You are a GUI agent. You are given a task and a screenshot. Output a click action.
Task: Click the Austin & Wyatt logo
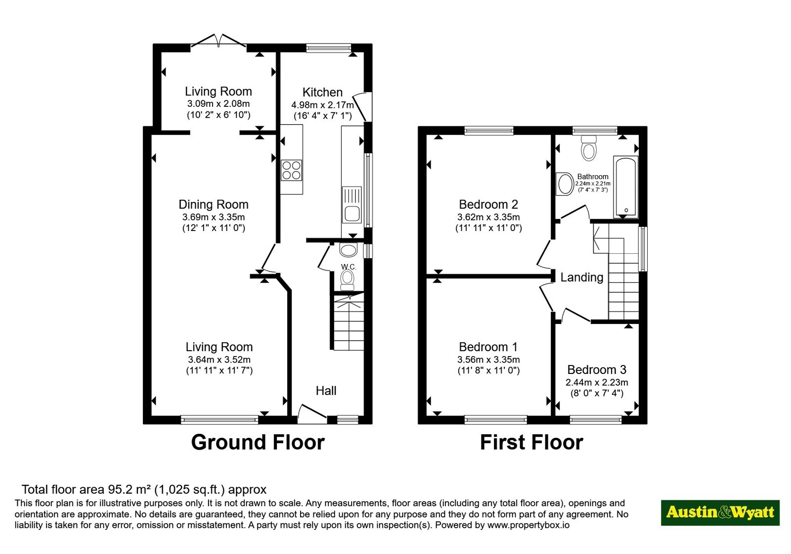(x=720, y=512)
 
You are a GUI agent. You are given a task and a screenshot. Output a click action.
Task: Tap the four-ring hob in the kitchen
(x=291, y=170)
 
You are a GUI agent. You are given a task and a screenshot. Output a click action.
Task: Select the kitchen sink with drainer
(x=352, y=205)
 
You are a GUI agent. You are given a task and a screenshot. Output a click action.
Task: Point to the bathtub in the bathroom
(x=626, y=187)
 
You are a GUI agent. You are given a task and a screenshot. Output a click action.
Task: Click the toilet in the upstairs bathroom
(x=589, y=148)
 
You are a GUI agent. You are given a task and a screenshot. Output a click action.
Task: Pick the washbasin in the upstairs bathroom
(x=565, y=184)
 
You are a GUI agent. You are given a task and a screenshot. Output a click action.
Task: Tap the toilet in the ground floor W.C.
(x=348, y=279)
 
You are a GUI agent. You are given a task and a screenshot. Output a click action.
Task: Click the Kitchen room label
(x=322, y=92)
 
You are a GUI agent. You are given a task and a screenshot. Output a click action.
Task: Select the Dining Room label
(x=214, y=205)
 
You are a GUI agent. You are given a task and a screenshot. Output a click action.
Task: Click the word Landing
(x=582, y=277)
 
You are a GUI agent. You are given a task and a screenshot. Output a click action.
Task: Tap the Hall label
(x=326, y=391)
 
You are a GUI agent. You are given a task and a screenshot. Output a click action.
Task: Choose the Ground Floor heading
(x=258, y=442)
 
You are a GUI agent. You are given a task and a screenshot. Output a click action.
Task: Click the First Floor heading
(x=531, y=442)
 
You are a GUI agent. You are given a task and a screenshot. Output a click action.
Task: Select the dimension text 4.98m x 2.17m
(x=322, y=105)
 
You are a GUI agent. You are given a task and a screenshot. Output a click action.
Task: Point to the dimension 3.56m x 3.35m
(x=488, y=360)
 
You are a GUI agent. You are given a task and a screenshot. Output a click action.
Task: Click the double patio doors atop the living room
(x=219, y=41)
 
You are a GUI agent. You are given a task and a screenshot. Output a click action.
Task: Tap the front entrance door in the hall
(x=312, y=414)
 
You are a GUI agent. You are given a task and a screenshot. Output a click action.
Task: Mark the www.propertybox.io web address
(x=528, y=525)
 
